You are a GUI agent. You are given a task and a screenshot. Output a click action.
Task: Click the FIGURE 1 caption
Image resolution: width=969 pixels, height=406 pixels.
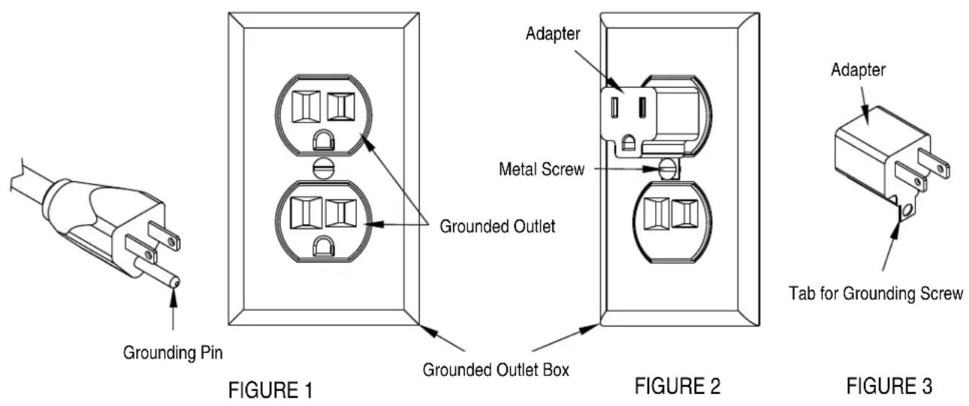pos(270,389)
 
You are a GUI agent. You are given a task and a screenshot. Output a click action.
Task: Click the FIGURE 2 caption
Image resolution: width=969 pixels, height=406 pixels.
pos(678,386)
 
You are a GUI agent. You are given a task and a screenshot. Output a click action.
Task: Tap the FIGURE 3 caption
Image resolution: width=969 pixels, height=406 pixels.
pos(889,386)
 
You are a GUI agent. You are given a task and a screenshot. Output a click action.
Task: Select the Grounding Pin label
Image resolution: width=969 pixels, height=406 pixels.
pos(173,353)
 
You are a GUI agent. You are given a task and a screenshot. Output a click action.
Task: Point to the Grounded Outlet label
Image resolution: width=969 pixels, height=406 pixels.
pos(497,226)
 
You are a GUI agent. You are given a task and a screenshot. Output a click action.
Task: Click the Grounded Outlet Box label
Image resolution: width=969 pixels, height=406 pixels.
pos(496,370)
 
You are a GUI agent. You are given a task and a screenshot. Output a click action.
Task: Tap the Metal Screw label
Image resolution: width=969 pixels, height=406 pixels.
pos(542,169)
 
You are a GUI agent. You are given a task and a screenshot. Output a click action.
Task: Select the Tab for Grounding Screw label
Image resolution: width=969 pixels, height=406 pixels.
pos(876,293)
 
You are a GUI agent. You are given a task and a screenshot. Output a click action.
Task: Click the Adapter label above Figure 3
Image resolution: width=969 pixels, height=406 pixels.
pos(859,70)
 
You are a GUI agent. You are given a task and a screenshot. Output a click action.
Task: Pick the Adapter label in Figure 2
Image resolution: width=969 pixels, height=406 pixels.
pos(553,34)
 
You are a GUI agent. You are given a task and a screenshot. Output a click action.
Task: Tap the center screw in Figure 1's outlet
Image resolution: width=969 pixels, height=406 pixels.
pos(323,168)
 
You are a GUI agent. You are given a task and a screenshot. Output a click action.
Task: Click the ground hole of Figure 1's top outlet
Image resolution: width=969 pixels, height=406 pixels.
pos(324,141)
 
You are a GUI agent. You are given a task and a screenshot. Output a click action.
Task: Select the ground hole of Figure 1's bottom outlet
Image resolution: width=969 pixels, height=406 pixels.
pos(324,247)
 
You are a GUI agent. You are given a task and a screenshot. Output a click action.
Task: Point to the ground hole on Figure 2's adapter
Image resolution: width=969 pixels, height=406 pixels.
pos(629,144)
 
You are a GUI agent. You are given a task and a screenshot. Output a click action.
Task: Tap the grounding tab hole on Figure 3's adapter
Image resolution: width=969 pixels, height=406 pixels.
pos(906,211)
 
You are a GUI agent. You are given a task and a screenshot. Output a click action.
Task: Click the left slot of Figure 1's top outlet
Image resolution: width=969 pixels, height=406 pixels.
pos(306,107)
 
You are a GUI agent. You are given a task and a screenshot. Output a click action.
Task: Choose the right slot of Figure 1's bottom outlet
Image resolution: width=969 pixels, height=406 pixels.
pos(341,213)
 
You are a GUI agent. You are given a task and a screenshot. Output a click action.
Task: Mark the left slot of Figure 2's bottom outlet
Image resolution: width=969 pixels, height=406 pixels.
pos(657,214)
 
